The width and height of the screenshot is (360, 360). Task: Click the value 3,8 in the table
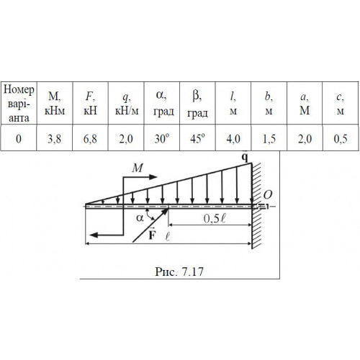(54, 139)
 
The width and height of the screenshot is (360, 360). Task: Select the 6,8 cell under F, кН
(90, 139)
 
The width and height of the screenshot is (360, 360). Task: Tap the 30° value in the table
(162, 139)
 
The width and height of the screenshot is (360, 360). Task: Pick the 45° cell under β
(197, 139)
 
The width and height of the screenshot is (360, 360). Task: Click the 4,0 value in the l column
(233, 139)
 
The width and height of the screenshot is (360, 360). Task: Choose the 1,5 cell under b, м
(269, 139)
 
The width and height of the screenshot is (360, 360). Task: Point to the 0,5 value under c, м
(341, 139)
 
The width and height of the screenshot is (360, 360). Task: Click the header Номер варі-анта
(19, 104)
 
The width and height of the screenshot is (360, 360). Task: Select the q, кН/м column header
(127, 104)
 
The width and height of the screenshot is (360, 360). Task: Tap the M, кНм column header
(55, 104)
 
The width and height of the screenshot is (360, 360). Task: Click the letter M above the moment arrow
(138, 168)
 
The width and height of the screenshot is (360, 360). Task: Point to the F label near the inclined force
(152, 234)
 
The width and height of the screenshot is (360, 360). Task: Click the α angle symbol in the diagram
(140, 218)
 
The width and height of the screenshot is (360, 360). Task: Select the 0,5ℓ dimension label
(215, 218)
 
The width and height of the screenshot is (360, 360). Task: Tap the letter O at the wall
(268, 195)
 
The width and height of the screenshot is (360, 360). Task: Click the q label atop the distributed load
(245, 157)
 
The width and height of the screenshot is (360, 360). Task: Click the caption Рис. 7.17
(179, 271)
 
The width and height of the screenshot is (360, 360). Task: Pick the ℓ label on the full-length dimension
(168, 237)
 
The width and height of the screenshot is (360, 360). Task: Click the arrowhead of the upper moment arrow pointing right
(153, 177)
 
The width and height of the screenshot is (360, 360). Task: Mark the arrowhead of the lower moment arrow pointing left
(94, 235)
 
